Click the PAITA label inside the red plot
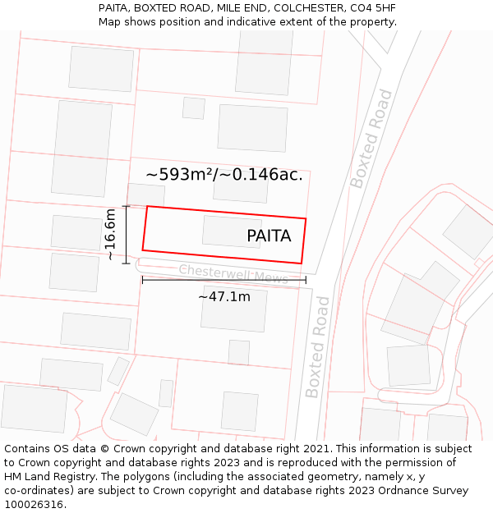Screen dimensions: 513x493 click(269, 236)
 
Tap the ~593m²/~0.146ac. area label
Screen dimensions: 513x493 click(224, 175)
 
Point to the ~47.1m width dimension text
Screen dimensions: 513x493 click(224, 297)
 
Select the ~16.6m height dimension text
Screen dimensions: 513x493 click(111, 235)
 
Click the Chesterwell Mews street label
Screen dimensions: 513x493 click(233, 274)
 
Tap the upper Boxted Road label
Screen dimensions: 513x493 click(371, 139)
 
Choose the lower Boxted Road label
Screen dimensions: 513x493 click(318, 347)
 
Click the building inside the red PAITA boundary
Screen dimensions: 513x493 click(232, 231)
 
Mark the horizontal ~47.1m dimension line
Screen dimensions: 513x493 click(224, 280)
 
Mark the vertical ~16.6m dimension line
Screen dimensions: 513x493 click(126, 235)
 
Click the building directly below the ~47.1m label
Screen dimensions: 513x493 click(234, 309)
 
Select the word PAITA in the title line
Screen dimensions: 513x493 click(115, 8)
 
